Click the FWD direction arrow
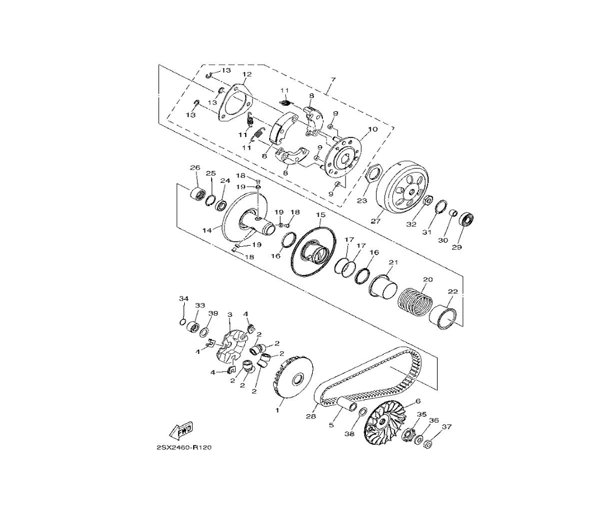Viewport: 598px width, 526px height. tap(182, 430)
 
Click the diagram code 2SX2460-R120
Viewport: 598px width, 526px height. tap(184, 448)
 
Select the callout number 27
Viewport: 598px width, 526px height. tap(376, 221)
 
